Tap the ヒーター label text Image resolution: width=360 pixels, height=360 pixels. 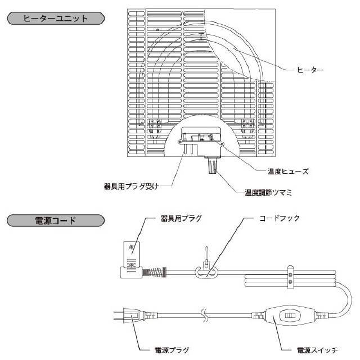311,70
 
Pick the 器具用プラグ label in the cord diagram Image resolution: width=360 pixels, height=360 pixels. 181,218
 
